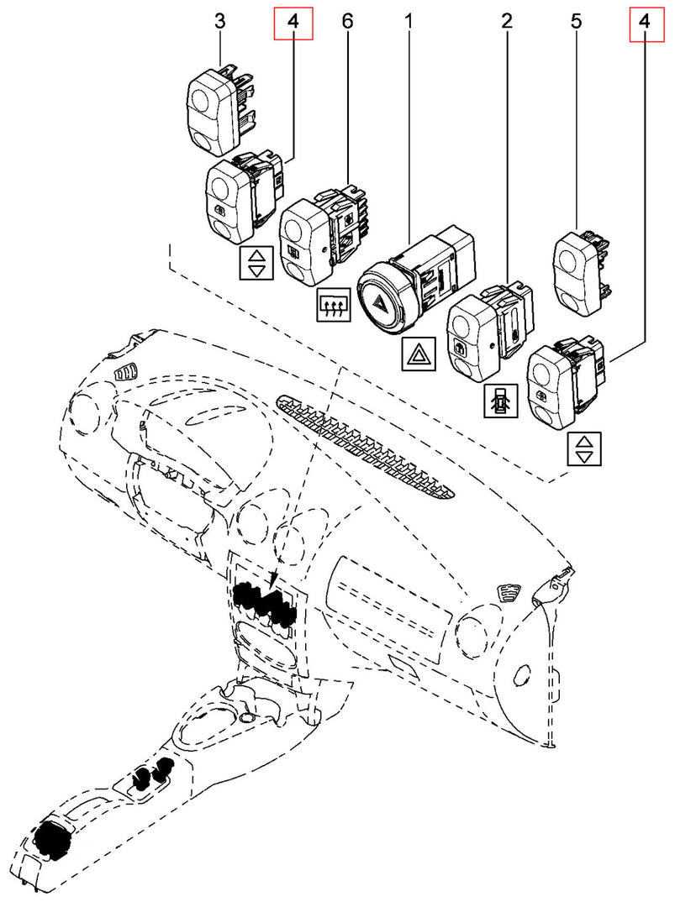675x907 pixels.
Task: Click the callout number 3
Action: click(x=219, y=22)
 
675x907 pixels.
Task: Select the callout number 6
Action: click(x=346, y=22)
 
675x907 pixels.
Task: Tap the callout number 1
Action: click(x=409, y=22)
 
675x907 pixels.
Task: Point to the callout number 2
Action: click(x=506, y=22)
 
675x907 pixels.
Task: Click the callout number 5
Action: click(x=576, y=22)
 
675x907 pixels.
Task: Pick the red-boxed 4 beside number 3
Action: click(x=293, y=23)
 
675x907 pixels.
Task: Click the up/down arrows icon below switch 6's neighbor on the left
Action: click(x=256, y=263)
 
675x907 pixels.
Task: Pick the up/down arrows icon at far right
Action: click(x=584, y=448)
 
